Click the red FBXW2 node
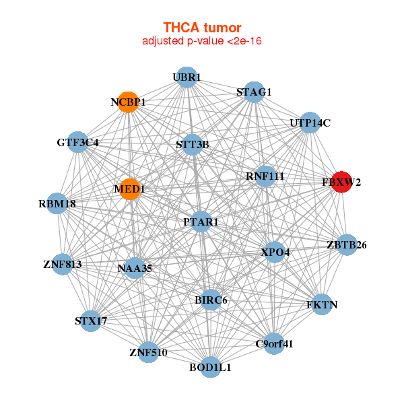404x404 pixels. tap(342, 182)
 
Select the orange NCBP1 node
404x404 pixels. tap(128, 102)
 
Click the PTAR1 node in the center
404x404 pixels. tap(201, 222)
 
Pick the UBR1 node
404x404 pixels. tap(186, 77)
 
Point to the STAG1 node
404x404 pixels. tap(254, 92)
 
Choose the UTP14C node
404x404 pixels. tap(310, 123)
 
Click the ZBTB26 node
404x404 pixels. tap(346, 244)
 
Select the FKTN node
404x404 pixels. tap(322, 305)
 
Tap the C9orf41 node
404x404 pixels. tap(274, 344)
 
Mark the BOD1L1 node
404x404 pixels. tap(211, 367)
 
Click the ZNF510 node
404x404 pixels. tap(149, 351)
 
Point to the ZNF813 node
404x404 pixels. tap(62, 265)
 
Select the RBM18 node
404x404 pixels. tap(57, 203)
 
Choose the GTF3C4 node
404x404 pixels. tap(78, 143)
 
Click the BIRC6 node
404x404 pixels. tap(211, 300)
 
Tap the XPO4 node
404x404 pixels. tap(275, 252)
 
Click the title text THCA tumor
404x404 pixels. tap(202, 28)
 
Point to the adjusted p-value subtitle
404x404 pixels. tap(202, 41)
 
